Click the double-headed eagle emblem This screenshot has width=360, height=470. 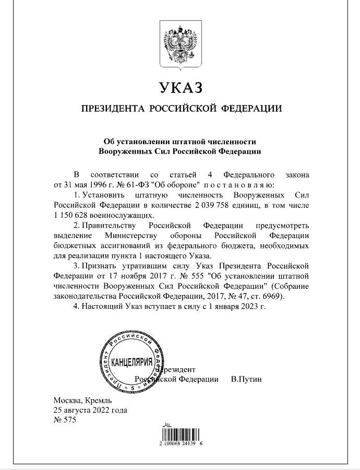coord(180,45)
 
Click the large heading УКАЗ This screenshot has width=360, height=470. coord(179,87)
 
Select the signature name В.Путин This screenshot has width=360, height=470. coord(246,379)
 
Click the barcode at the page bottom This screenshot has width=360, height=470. coord(180,433)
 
